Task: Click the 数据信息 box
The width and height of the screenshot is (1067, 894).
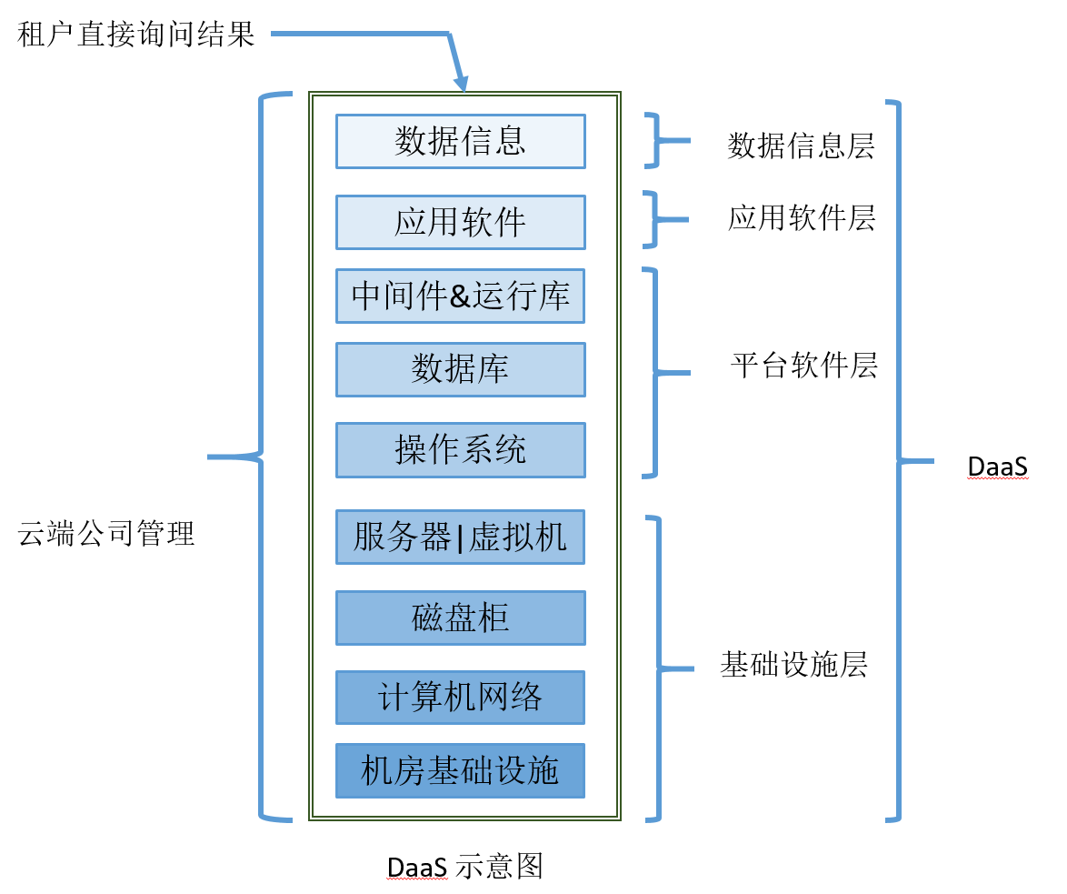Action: (x=460, y=141)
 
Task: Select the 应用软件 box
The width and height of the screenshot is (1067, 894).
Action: (x=460, y=222)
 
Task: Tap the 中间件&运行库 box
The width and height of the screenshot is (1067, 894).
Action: (x=460, y=296)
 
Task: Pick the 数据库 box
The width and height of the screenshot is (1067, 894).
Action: (x=460, y=369)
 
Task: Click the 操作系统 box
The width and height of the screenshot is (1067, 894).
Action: (x=460, y=449)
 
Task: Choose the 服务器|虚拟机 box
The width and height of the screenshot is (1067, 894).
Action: (x=460, y=537)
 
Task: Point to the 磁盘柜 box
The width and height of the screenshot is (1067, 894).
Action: (x=460, y=618)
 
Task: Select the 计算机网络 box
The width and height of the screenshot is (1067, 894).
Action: (x=460, y=698)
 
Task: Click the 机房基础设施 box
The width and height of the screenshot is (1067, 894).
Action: (x=460, y=770)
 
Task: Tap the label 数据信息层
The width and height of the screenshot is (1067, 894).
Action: (x=801, y=146)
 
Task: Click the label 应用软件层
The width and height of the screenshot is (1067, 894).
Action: (x=801, y=218)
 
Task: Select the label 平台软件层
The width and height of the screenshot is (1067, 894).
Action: (x=803, y=366)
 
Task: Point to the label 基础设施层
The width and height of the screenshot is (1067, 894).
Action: (x=793, y=665)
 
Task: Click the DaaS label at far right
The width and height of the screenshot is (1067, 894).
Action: (x=997, y=467)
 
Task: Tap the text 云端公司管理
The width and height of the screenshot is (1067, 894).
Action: (x=106, y=533)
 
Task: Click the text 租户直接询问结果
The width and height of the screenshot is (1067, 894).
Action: (x=136, y=35)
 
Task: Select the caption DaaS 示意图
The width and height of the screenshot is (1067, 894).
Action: (x=464, y=866)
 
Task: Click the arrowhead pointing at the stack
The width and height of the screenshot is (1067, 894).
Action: (x=462, y=83)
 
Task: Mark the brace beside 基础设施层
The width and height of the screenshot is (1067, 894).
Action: (x=659, y=668)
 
